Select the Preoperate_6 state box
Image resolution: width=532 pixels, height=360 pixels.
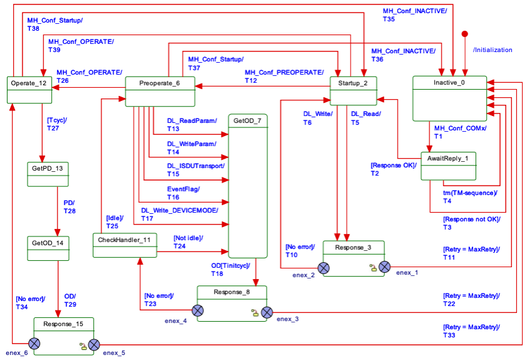click(160, 91)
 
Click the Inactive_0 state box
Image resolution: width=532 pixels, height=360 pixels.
click(449, 97)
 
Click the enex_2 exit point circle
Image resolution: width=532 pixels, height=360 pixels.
click(323, 268)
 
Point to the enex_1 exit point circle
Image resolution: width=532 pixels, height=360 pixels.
click(385, 268)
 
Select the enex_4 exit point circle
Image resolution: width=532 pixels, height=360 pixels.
click(198, 310)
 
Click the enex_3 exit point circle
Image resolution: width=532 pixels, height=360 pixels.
click(267, 312)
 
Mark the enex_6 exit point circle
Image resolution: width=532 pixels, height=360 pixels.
click(33, 344)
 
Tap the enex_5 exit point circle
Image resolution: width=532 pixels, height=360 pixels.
click(94, 344)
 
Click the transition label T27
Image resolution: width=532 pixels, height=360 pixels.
click(53, 127)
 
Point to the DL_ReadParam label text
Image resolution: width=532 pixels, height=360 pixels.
click(191, 120)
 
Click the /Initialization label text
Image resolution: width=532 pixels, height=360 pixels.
click(492, 50)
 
